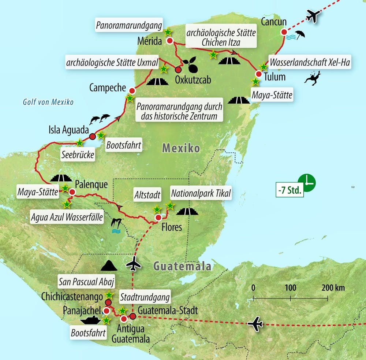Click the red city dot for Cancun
tap(284, 32)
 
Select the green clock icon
tap(307, 182)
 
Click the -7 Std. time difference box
tap(290, 190)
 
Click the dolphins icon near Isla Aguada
tap(100, 118)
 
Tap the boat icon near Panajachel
tap(90, 320)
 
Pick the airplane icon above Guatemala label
tap(135, 263)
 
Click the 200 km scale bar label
tap(334, 288)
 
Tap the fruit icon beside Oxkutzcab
tap(191, 65)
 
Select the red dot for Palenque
tap(72, 192)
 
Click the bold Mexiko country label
tap(181, 148)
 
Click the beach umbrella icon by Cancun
tap(300, 35)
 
